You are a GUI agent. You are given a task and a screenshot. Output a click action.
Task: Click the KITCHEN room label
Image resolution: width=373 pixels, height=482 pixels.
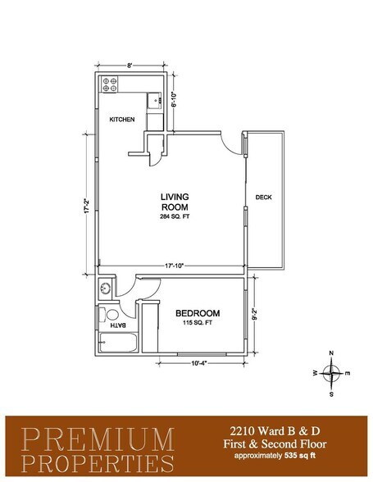pos(122,120)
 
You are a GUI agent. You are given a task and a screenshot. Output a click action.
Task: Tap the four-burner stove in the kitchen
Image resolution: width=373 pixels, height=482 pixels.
pos(110,84)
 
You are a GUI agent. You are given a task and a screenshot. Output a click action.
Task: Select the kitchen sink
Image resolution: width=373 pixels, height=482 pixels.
pos(154,100)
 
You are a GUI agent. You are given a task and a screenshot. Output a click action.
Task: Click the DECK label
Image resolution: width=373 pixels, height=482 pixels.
pos(263,197)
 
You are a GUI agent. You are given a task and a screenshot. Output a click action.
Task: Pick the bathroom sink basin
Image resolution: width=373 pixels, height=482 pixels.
pos(105,289)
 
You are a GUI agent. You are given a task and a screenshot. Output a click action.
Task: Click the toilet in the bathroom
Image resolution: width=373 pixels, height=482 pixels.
pos(110,314)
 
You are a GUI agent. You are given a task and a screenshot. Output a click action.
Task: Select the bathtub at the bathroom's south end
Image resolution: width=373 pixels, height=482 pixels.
pos(114,344)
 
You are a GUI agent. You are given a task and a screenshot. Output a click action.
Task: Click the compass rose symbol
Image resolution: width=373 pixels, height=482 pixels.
pos(330,373)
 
